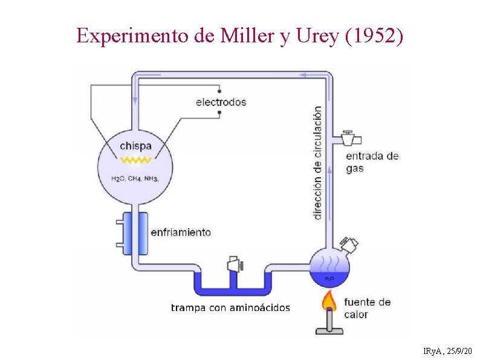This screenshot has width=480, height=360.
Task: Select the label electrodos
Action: [221, 102]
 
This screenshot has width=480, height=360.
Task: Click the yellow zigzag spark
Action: [135, 161]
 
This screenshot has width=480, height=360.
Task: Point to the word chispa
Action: [135, 146]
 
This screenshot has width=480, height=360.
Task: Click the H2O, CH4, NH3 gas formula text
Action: [135, 178]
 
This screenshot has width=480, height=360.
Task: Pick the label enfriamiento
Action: [181, 232]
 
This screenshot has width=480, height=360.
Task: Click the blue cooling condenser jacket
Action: [135, 233]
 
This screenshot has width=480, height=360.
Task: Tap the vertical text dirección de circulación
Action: [318, 162]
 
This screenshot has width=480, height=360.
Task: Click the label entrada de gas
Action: [372, 162]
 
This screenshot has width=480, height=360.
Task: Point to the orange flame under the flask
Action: [329, 300]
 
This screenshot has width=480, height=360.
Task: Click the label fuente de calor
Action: [367, 308]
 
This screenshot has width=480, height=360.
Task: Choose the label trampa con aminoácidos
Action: [230, 308]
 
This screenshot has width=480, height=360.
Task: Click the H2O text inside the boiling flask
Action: [329, 279]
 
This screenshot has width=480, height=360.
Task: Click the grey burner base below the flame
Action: [329, 329]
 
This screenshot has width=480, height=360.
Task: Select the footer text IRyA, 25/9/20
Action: [448, 351]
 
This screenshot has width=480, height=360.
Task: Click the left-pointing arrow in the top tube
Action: [308, 74]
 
